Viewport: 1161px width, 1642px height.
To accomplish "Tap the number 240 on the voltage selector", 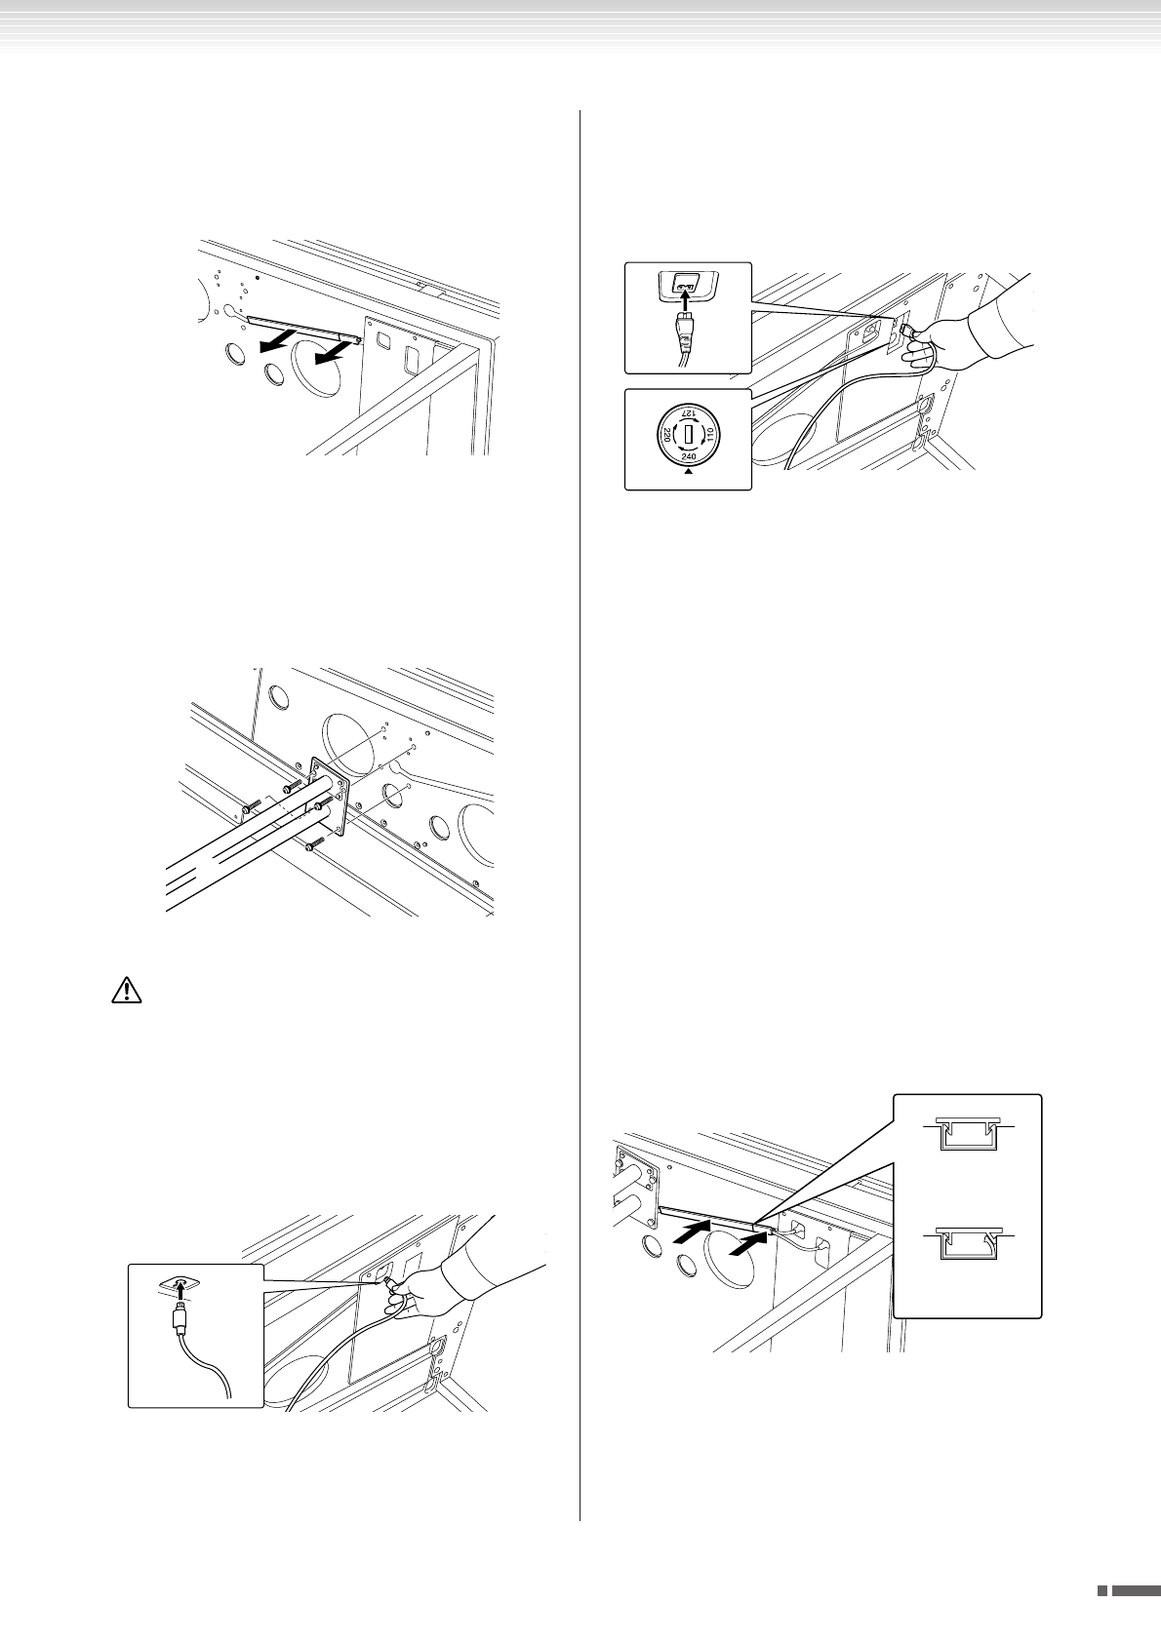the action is [x=688, y=456].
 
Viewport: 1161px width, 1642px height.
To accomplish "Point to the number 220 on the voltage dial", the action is [x=666, y=434].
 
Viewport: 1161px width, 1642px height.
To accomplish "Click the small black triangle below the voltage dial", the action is [x=688, y=472].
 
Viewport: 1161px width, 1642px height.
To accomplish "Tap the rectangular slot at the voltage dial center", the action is [x=689, y=433].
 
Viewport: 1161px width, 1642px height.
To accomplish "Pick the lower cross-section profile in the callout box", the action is [x=967, y=1245].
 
